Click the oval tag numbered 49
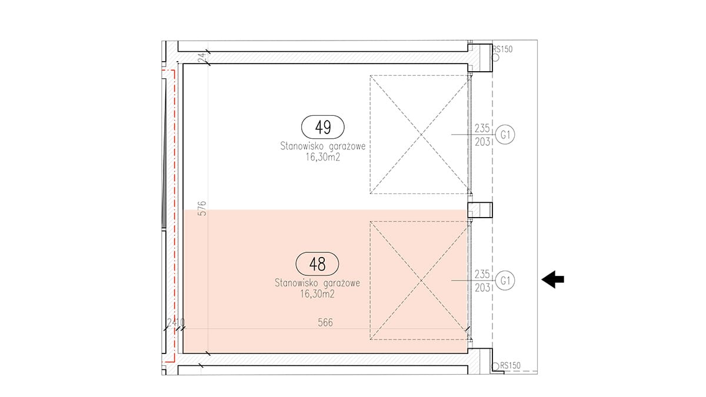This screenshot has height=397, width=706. (x=323, y=127)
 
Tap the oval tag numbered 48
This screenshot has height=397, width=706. (x=317, y=263)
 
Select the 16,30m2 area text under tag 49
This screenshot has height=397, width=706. (x=323, y=157)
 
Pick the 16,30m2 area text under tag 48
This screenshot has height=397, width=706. (x=317, y=293)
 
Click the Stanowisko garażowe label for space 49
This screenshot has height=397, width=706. (x=323, y=146)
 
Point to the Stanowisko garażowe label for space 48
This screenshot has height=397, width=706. (x=317, y=283)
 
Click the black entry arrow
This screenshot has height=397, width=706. (x=553, y=279)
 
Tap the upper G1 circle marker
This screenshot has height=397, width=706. (x=505, y=135)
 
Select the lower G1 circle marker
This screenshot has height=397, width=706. (x=505, y=281)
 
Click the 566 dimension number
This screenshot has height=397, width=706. (x=325, y=322)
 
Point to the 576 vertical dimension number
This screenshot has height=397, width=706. (x=202, y=208)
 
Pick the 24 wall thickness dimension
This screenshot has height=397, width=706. (x=202, y=57)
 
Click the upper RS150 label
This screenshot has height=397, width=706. (x=502, y=49)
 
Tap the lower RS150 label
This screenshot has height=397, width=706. (x=510, y=365)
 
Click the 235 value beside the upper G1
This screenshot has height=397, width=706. (x=482, y=128)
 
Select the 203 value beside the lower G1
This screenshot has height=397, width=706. (x=482, y=288)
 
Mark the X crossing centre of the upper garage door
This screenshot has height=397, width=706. (x=421, y=135)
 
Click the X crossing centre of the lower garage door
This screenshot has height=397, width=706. (x=421, y=281)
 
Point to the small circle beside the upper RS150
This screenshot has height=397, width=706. (x=495, y=58)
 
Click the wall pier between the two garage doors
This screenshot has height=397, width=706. (x=479, y=210)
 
